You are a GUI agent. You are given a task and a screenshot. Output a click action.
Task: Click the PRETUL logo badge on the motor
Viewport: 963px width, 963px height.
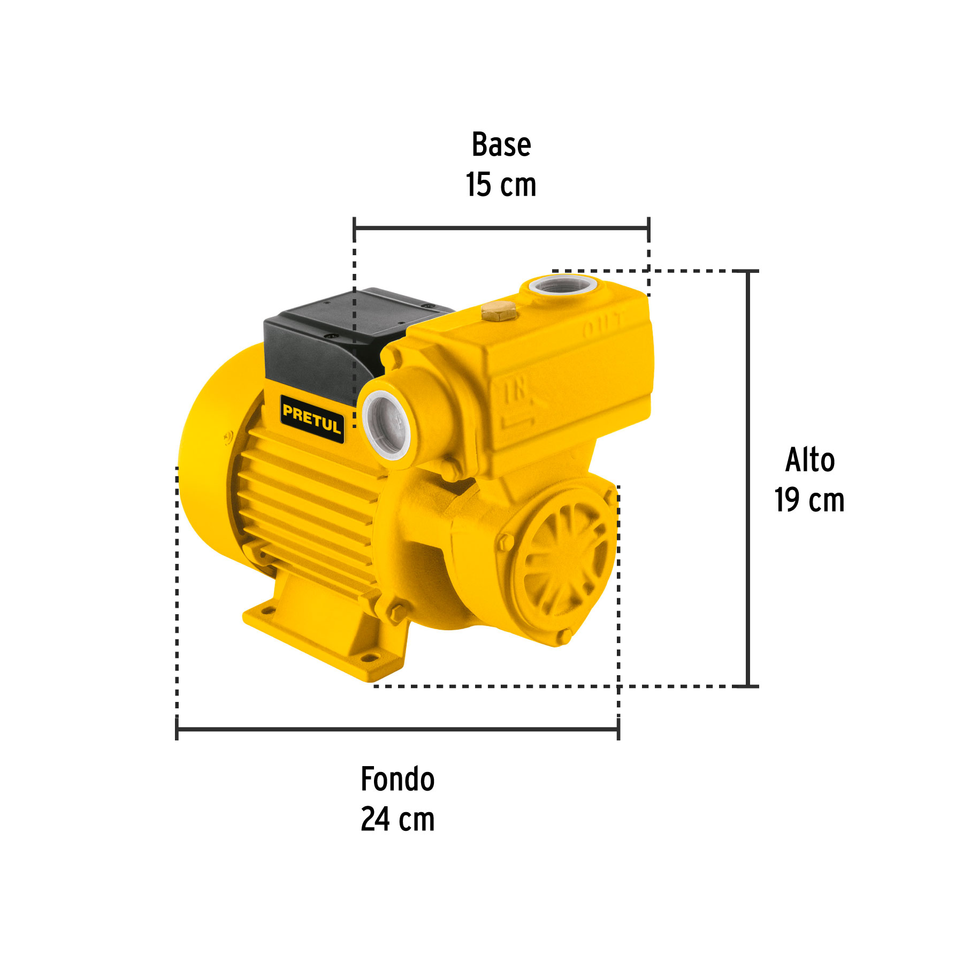pos(312,419)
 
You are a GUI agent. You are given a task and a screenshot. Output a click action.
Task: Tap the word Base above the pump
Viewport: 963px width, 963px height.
pos(501,144)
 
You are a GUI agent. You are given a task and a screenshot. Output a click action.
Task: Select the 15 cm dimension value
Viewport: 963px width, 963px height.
pos(501,185)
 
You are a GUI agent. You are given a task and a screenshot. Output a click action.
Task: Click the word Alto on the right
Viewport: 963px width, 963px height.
pos(809,460)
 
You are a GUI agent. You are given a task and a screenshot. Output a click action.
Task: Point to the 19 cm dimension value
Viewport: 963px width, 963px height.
pos(809,500)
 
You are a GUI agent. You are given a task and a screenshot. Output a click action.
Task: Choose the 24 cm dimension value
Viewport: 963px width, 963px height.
pos(398,819)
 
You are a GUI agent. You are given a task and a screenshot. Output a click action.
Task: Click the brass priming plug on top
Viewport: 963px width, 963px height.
pos(498,310)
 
